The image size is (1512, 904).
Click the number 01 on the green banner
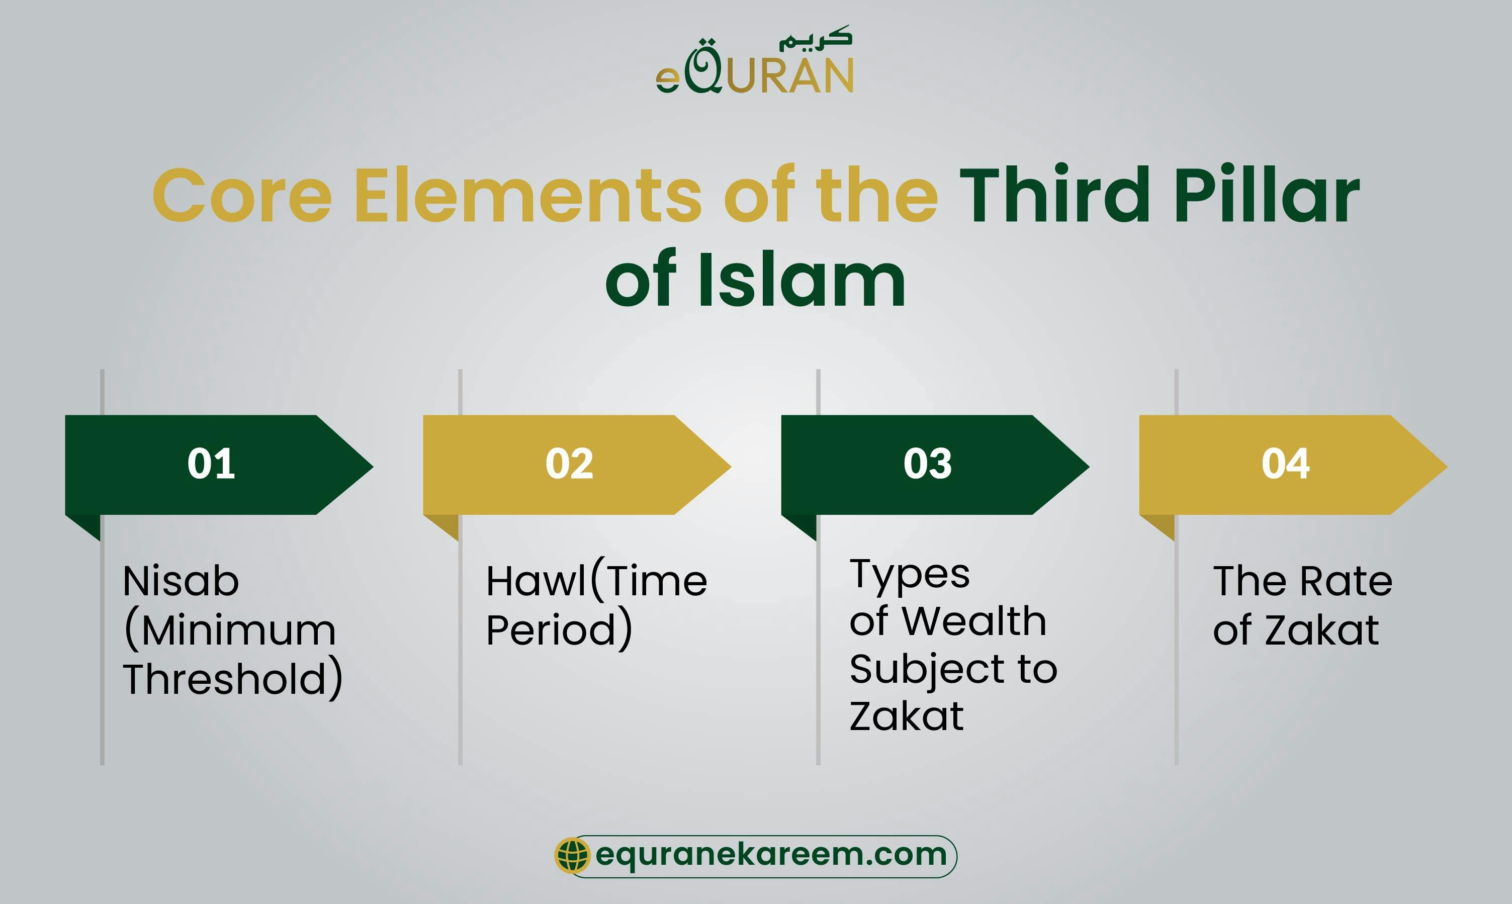coord(211,464)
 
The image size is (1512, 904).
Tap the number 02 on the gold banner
coord(569,464)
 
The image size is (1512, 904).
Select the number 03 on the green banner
coord(927,464)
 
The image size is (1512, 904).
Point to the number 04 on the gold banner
coord(1285,464)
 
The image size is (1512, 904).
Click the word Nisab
coord(181,581)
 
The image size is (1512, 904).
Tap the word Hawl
coord(536,581)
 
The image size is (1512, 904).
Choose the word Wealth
coord(974,621)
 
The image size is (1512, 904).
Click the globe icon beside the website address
coord(572,855)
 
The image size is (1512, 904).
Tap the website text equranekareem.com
coord(771,855)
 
